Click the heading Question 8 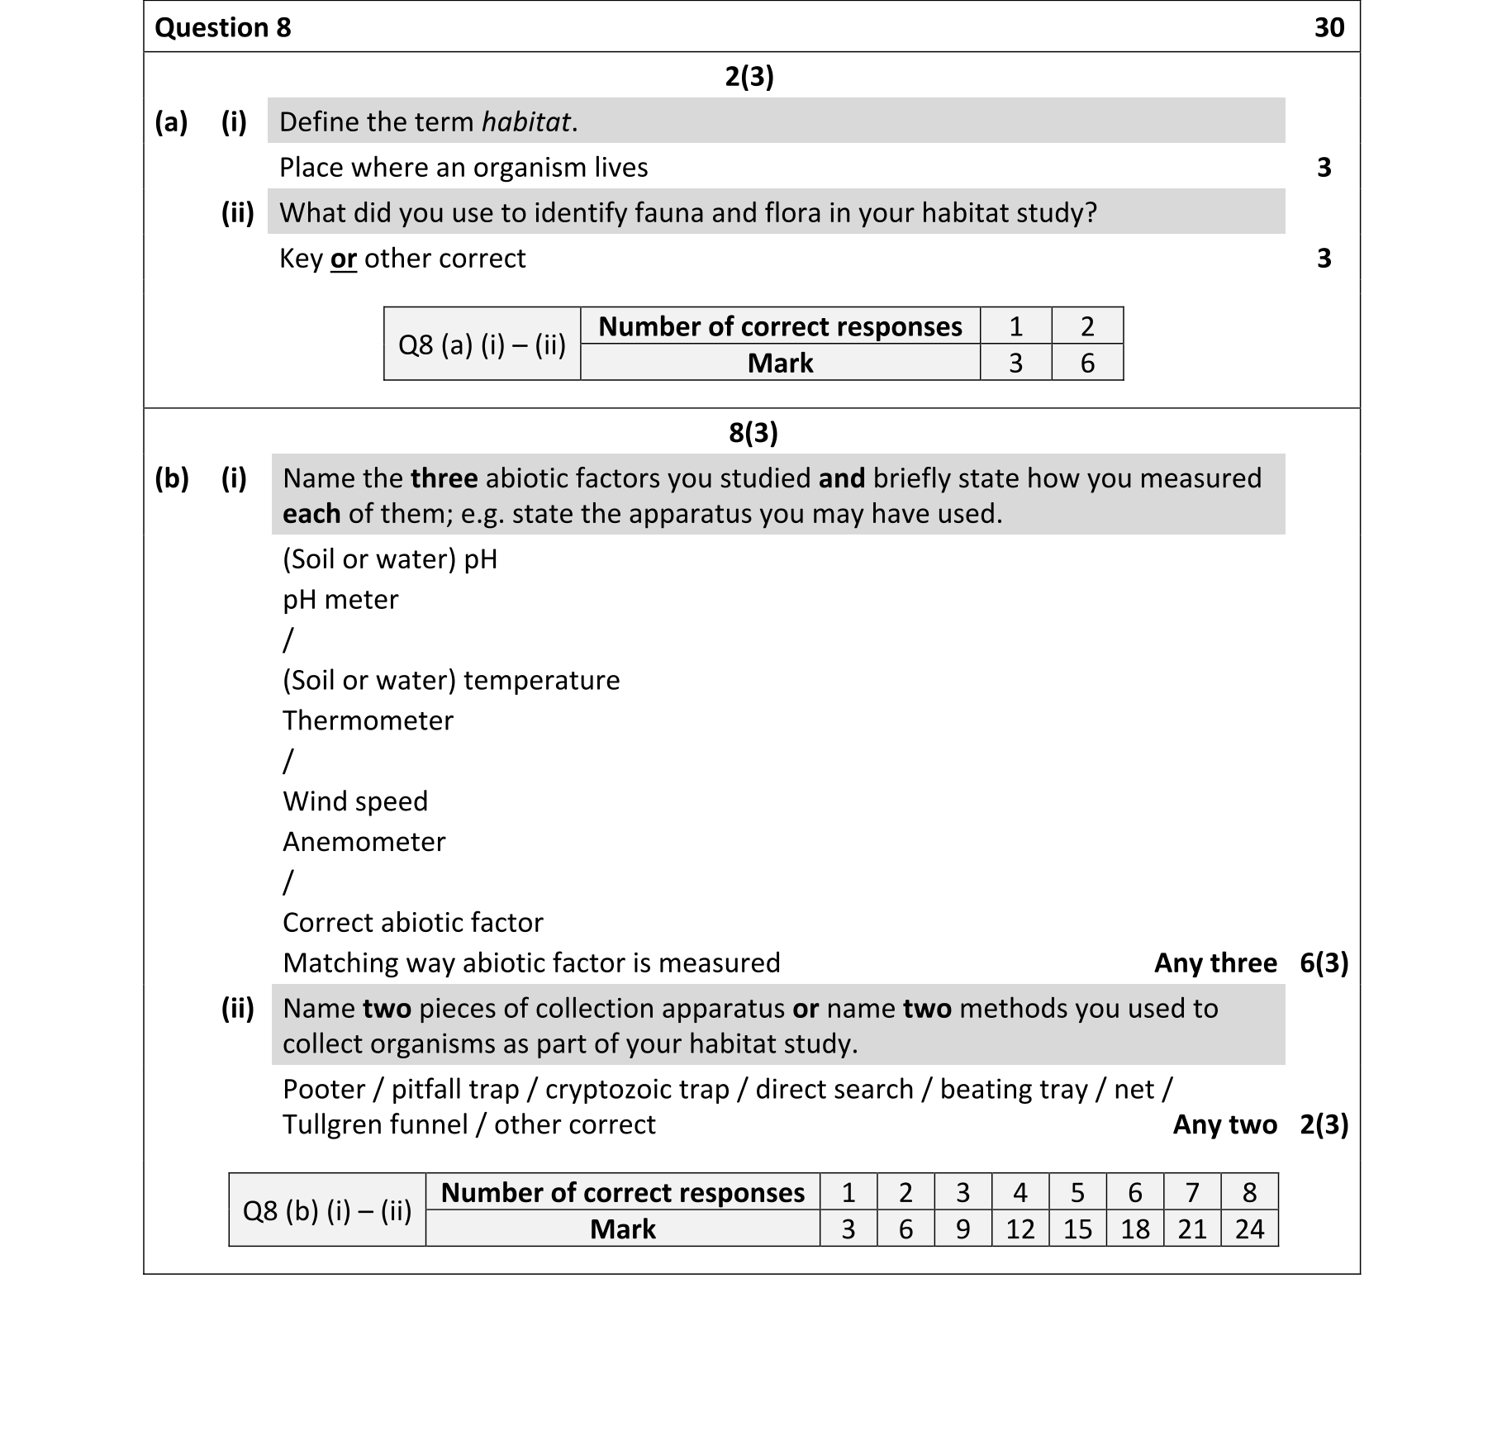click(x=223, y=27)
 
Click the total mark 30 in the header click(x=1329, y=27)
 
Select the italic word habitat click(x=526, y=122)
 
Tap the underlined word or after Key click(x=343, y=259)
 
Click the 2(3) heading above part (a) click(x=749, y=76)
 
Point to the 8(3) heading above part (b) click(x=753, y=432)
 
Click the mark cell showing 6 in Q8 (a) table click(x=1086, y=363)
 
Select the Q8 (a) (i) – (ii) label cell click(x=482, y=344)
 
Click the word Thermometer click(x=368, y=720)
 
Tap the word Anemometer click(x=364, y=842)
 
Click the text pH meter click(x=340, y=599)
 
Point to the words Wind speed click(x=355, y=801)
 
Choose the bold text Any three click(x=1214, y=963)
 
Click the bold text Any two click(x=1224, y=1124)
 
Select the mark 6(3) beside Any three click(x=1324, y=963)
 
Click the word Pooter click(x=324, y=1089)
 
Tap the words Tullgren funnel click(x=375, y=1124)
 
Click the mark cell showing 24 click(x=1248, y=1229)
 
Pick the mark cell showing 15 click(x=1077, y=1229)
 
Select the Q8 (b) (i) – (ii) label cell click(x=326, y=1210)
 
